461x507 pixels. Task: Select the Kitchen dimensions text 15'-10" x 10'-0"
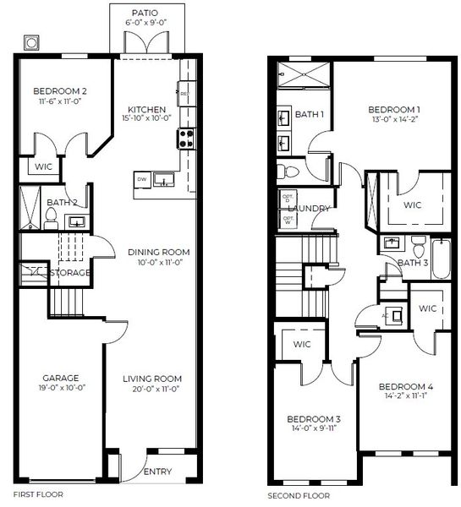[x=147, y=119]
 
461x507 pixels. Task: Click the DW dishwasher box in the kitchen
[x=141, y=178]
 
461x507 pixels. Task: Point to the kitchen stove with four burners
[x=185, y=137]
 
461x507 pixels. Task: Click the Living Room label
[x=151, y=379]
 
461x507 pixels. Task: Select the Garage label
[x=61, y=379]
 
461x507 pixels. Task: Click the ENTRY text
[x=157, y=472]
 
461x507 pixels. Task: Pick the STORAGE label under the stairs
[x=70, y=273]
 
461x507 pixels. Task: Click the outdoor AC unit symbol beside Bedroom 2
[x=31, y=41]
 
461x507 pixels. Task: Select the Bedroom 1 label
[x=395, y=110]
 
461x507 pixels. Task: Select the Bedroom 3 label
[x=313, y=419]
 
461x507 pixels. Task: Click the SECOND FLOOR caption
[x=299, y=495]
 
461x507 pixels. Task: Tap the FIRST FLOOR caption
[x=39, y=493]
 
